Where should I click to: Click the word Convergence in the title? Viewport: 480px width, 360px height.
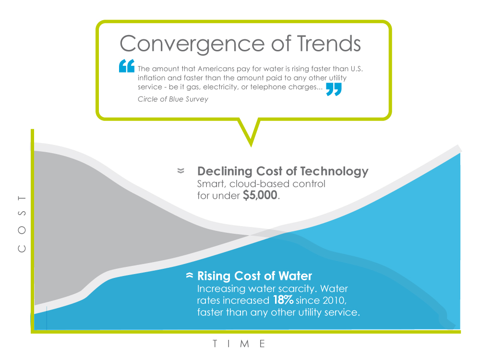click(192, 44)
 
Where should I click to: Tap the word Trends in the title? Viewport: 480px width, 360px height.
click(329, 43)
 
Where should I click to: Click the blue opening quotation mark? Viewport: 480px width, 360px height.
click(127, 66)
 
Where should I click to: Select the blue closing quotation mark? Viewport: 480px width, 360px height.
click(334, 89)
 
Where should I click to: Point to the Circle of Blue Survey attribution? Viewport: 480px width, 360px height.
click(173, 99)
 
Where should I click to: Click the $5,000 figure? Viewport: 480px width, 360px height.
click(260, 195)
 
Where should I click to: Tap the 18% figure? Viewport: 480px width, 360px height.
click(283, 300)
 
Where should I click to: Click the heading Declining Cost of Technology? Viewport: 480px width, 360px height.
click(283, 171)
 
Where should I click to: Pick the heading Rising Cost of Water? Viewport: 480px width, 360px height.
click(255, 276)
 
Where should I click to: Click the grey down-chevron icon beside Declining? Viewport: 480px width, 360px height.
click(181, 170)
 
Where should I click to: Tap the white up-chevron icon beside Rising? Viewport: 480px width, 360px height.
click(190, 275)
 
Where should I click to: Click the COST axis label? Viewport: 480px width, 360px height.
click(22, 224)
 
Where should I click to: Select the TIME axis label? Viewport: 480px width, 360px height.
click(239, 344)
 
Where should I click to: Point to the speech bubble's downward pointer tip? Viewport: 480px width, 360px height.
click(251, 146)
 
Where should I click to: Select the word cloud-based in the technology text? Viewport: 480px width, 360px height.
click(260, 184)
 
